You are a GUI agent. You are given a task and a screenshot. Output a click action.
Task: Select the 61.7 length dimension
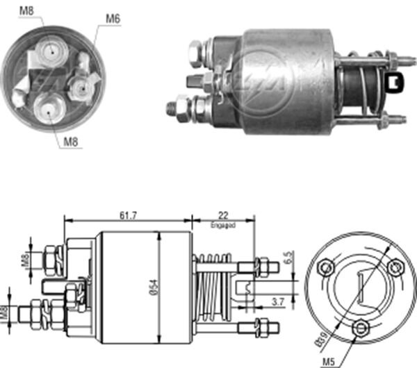click(x=127, y=216)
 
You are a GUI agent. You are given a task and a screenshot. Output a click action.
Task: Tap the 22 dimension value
click(x=222, y=216)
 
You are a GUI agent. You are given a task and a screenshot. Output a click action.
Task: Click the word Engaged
click(x=222, y=226)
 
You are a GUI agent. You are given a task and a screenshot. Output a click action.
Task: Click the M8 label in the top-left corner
click(x=26, y=11)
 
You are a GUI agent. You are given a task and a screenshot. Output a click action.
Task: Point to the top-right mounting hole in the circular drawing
click(x=395, y=266)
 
